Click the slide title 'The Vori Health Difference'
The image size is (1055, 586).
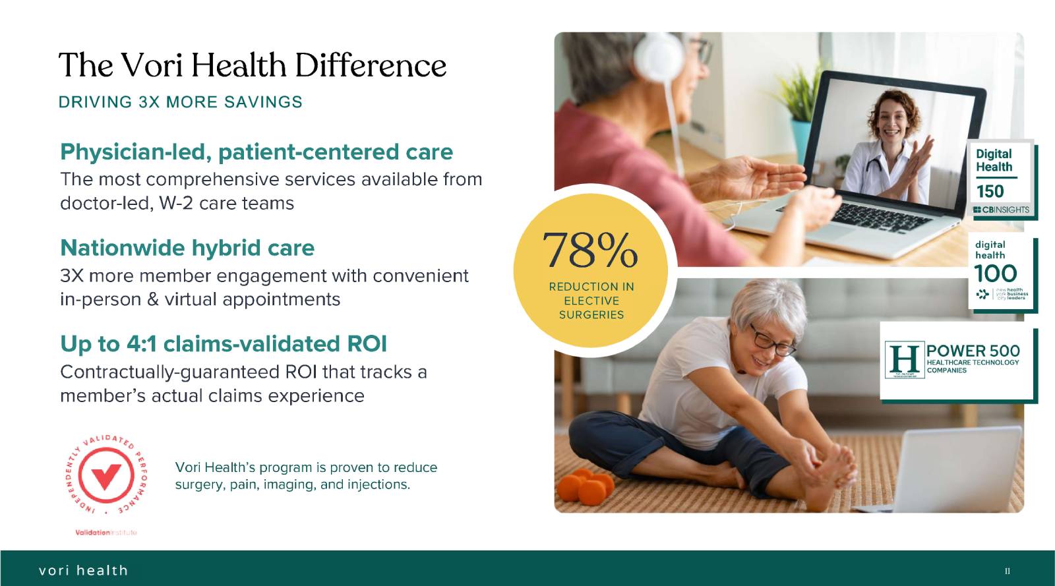[253, 65]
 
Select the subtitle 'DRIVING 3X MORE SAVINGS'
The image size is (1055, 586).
[181, 102]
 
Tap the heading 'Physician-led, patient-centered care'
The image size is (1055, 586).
[256, 152]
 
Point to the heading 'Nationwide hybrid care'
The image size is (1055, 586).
[187, 248]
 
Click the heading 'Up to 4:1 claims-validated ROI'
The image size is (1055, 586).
[224, 344]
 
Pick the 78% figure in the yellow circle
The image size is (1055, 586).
[590, 250]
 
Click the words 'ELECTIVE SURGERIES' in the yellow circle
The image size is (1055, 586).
[591, 308]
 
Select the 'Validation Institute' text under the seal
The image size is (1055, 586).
[106, 533]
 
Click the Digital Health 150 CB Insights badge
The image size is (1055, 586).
[1001, 180]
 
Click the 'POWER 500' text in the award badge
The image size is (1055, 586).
[973, 351]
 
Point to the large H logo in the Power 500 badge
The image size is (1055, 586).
[904, 359]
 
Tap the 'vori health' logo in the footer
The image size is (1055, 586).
[83, 570]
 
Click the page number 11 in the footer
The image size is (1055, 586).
[1007, 571]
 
